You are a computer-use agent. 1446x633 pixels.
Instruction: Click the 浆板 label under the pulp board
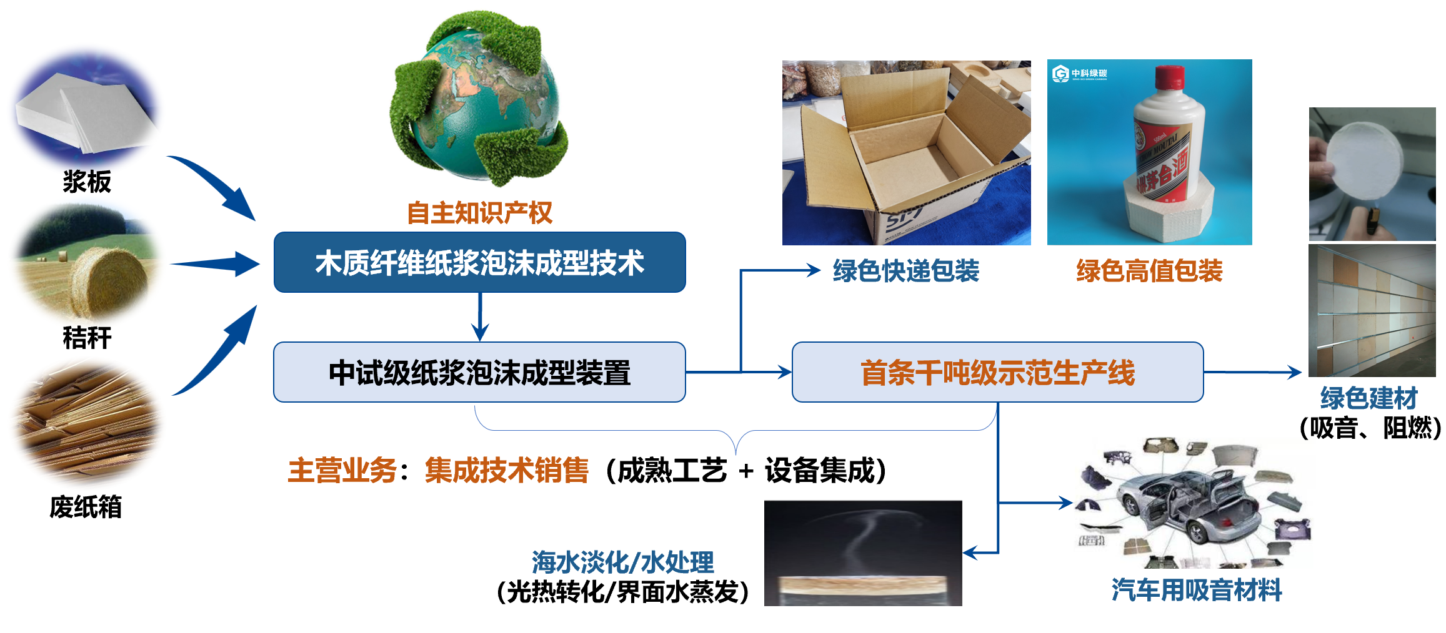point(87,182)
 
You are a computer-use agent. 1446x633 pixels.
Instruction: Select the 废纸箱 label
point(86,507)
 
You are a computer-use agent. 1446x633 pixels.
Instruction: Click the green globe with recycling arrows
point(478,100)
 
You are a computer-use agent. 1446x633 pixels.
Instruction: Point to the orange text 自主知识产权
point(479,213)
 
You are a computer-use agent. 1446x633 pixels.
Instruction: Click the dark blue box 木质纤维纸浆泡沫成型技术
point(479,262)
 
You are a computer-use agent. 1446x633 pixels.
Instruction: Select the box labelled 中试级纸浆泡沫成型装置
point(479,373)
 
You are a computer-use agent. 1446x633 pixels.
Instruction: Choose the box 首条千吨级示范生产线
point(997,373)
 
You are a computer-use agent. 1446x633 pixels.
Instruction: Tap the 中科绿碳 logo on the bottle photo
point(1079,74)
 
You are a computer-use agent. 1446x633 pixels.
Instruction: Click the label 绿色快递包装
point(906,271)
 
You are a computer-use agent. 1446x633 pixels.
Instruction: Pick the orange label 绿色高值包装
point(1149,271)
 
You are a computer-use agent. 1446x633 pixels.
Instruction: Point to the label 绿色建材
point(1369,398)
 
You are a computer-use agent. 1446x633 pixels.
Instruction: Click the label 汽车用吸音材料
point(1197,590)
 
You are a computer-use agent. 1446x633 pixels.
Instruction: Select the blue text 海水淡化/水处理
point(622,562)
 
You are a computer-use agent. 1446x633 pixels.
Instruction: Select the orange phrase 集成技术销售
point(506,471)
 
